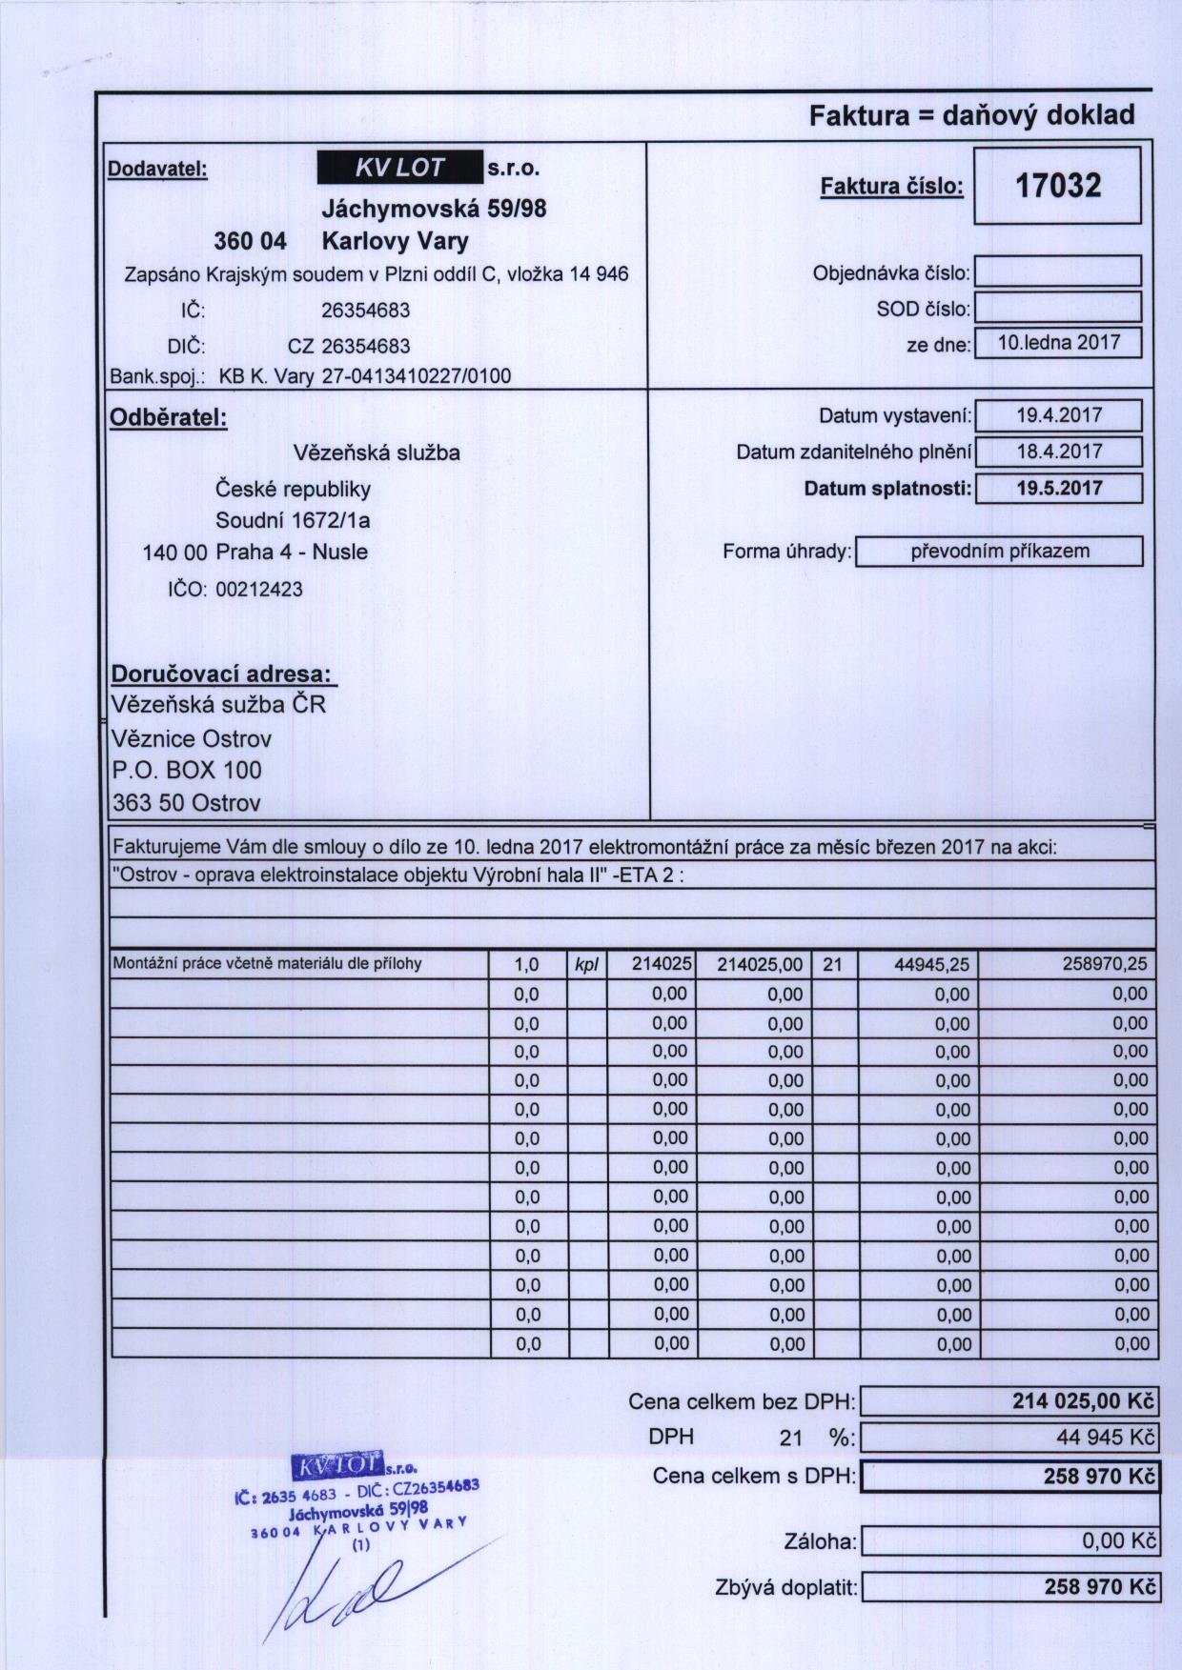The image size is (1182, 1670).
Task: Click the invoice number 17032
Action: coord(1057,185)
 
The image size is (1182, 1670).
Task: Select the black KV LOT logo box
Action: coord(399,168)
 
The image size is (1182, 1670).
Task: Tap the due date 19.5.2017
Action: coord(1059,489)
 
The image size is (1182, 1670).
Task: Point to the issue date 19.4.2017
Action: coord(1059,415)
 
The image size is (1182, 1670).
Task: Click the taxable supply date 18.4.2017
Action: coord(1059,452)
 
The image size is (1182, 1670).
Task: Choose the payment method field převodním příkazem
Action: coord(999,552)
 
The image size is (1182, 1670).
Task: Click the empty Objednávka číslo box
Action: coord(1058,272)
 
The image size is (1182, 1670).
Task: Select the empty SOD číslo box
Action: coord(1058,308)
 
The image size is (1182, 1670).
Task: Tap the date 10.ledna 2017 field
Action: coord(1058,343)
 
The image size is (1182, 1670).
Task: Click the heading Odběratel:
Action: coord(169,418)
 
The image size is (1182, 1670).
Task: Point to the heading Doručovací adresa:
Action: coord(223,674)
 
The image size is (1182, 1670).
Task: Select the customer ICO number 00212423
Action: coord(259,590)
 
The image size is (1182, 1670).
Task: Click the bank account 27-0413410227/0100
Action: coord(416,376)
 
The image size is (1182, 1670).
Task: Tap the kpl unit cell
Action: coord(587,964)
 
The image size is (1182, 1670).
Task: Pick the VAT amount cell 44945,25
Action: coord(931,965)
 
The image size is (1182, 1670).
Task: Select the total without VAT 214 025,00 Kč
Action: coord(1083,1402)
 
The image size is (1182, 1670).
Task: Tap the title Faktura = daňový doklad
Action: coord(971,116)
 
